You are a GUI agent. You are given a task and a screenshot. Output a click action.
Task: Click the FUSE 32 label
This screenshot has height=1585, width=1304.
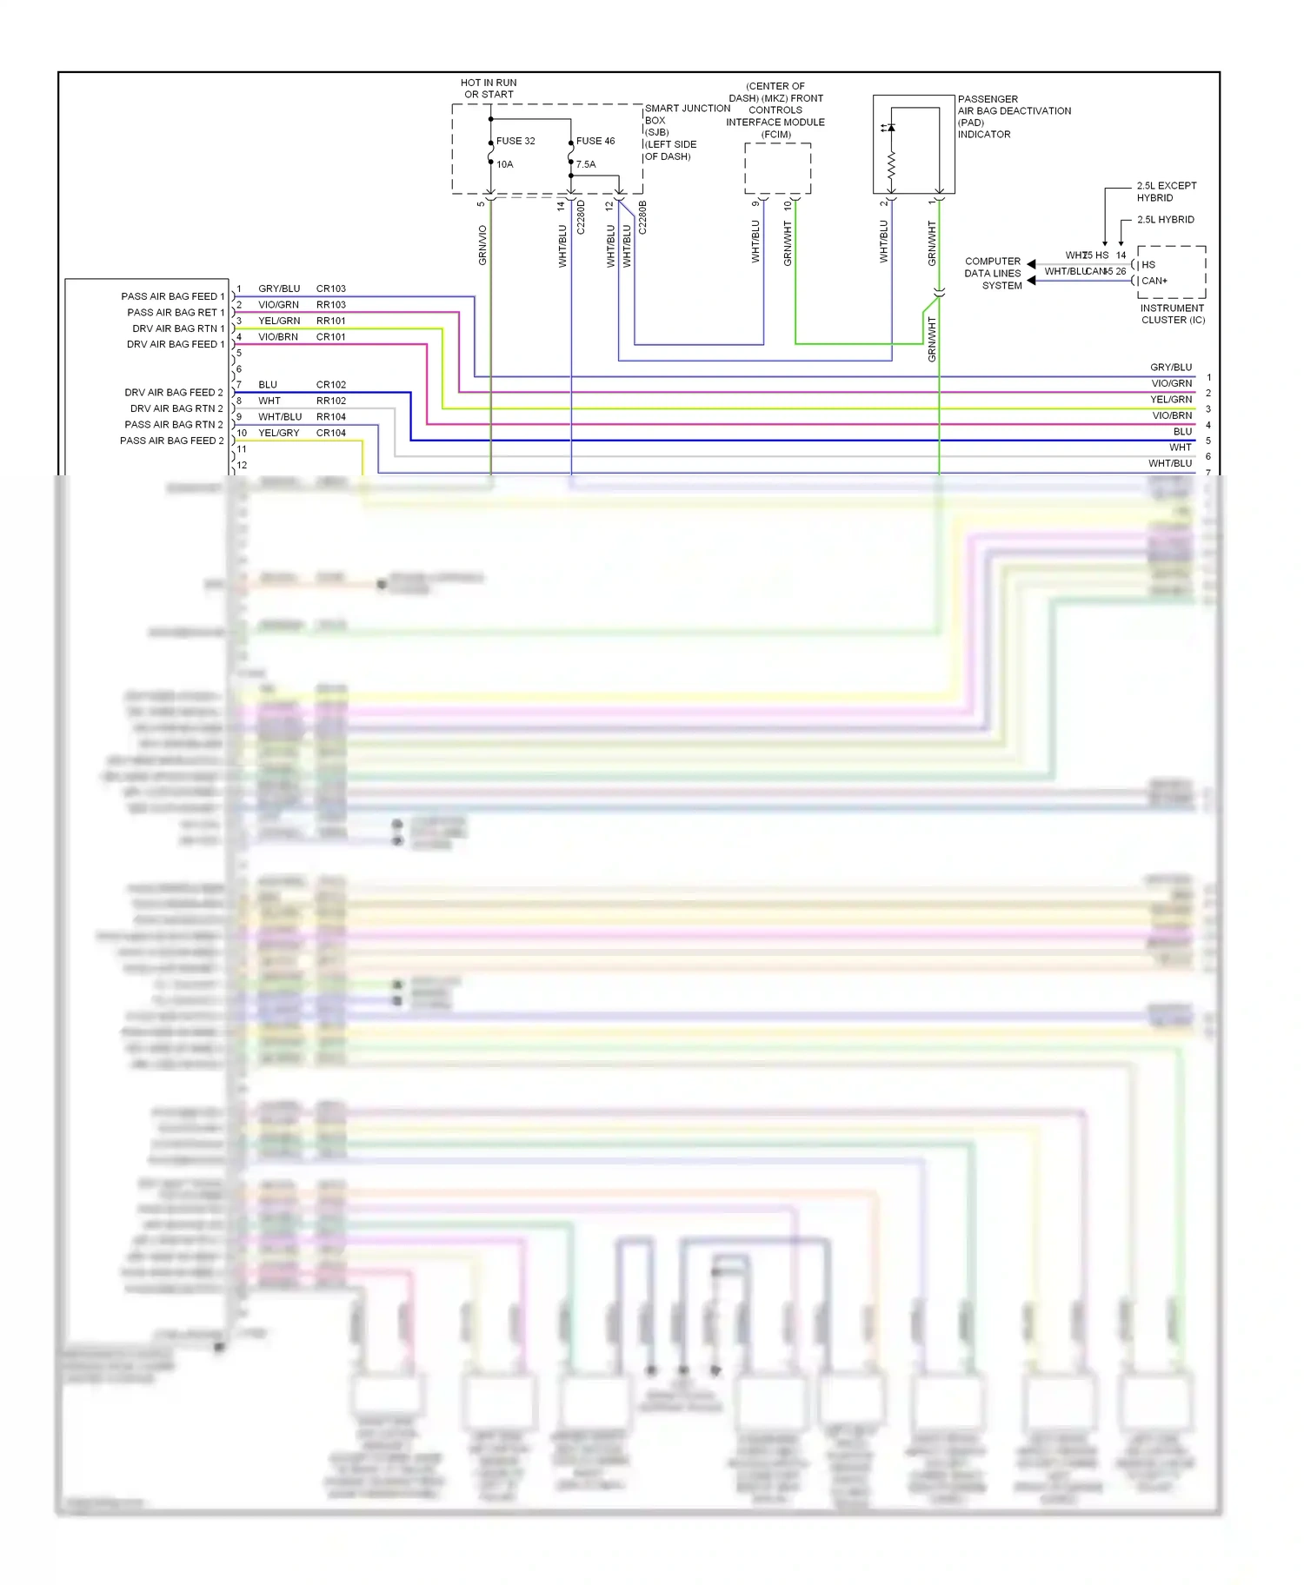(516, 141)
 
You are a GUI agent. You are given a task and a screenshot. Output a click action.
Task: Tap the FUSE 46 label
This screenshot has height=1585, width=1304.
(595, 141)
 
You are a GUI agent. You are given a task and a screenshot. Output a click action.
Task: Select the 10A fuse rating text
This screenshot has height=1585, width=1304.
(505, 164)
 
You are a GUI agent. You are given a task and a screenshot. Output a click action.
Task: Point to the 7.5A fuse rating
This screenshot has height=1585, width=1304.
(586, 164)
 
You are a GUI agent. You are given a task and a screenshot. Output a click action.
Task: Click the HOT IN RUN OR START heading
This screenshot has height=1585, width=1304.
(489, 89)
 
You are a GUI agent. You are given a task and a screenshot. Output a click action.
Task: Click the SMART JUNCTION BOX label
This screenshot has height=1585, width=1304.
(687, 115)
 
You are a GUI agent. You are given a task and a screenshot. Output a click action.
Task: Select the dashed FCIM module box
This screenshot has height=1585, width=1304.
(777, 169)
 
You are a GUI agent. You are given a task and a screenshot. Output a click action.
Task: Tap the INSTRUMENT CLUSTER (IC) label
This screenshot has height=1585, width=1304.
(1173, 314)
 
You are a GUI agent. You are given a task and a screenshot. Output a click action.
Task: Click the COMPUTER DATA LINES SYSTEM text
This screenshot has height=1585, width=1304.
(993, 273)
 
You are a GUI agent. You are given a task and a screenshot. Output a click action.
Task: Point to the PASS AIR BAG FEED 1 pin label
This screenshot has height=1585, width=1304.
(172, 296)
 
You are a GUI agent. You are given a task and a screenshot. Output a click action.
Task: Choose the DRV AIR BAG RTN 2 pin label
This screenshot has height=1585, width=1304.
(176, 408)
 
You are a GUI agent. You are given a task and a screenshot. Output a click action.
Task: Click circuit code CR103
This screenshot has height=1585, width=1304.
(330, 288)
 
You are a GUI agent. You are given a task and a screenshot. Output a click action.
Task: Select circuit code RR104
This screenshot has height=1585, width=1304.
(330, 417)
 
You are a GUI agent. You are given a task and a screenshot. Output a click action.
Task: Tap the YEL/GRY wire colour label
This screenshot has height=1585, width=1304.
(278, 433)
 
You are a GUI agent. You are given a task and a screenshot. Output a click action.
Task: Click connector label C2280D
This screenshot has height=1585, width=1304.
(581, 217)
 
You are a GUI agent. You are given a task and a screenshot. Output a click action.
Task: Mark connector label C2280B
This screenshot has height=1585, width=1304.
(642, 217)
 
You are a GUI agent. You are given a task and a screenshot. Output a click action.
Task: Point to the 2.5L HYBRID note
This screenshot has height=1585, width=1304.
(1165, 220)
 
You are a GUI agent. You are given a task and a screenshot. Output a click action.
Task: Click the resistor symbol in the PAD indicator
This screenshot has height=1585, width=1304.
(891, 163)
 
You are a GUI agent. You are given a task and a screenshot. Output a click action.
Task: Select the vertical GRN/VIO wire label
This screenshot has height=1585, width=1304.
(482, 245)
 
